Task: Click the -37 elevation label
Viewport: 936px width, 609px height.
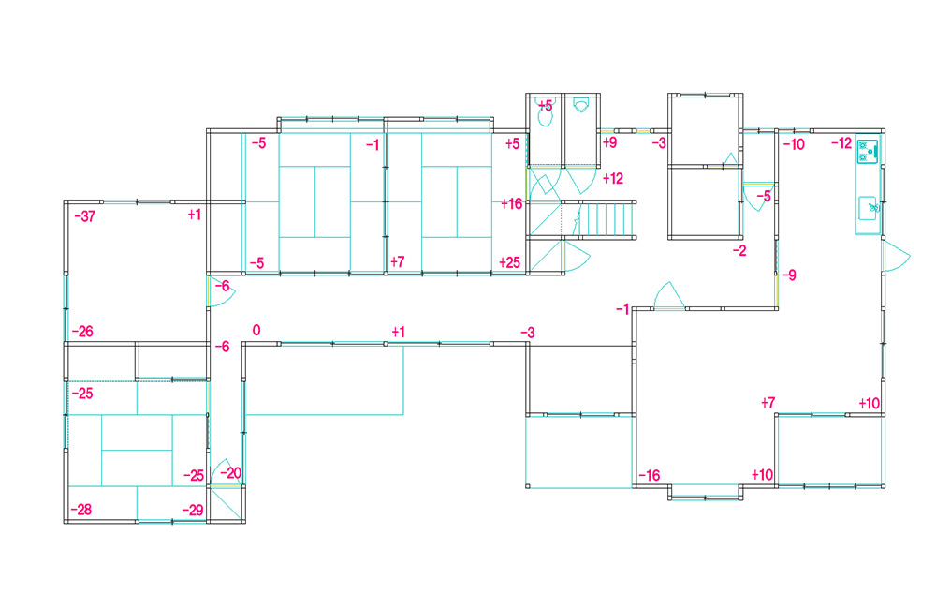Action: click(x=85, y=216)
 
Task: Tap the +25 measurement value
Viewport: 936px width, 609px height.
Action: click(x=510, y=262)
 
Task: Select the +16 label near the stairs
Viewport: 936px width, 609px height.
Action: click(x=512, y=204)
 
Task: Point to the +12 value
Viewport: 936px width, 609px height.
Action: click(x=613, y=178)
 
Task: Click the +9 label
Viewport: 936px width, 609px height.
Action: click(x=609, y=142)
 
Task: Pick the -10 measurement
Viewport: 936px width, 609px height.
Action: click(x=794, y=144)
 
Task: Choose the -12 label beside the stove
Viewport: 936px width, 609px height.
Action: click(x=841, y=142)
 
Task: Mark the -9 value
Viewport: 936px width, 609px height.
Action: click(x=789, y=275)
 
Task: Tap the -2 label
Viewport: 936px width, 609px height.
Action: click(x=739, y=251)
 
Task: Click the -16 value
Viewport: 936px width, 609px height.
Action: click(x=650, y=475)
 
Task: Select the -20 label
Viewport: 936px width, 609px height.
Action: click(x=231, y=473)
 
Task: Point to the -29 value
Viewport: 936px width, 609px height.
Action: click(x=193, y=510)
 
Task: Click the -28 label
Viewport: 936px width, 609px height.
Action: click(x=81, y=509)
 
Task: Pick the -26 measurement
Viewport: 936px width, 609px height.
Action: click(x=82, y=331)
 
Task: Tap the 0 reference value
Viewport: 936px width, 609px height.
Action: click(x=256, y=330)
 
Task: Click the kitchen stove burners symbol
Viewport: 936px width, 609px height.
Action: click(x=868, y=151)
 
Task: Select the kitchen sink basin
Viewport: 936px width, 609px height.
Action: click(x=868, y=208)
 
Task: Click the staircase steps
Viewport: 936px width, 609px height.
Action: click(x=606, y=220)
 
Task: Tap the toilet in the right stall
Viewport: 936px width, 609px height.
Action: click(x=581, y=106)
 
